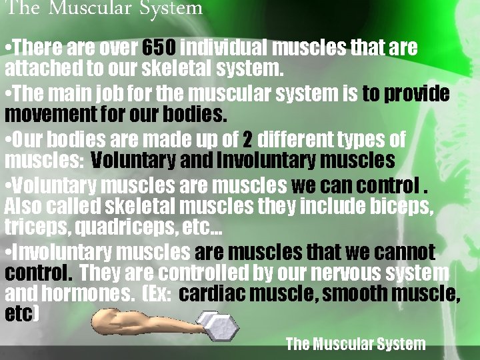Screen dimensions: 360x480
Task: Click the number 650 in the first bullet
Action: [x=159, y=49]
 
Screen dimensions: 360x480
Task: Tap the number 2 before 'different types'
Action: [x=247, y=141]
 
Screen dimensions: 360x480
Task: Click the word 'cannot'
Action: [x=403, y=253]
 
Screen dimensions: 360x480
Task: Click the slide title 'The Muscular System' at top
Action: [x=104, y=9]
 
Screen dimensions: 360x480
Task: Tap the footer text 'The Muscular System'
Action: [x=355, y=345]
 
